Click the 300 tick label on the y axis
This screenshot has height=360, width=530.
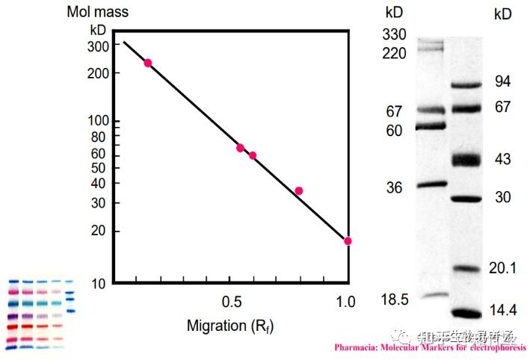point(99,45)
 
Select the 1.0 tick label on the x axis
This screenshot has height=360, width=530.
point(346,302)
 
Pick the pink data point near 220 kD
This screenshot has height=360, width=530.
point(147,63)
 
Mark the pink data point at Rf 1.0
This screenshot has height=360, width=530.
point(348,240)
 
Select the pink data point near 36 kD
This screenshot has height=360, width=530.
point(299,190)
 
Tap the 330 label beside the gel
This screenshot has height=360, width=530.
point(395,34)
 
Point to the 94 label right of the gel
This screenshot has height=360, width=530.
point(503,82)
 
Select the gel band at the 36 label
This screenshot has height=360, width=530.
point(431,184)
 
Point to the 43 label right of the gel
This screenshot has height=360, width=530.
point(503,160)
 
